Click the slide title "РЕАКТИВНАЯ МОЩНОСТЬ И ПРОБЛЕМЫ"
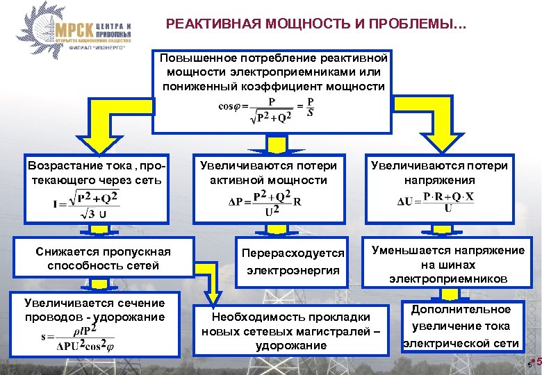click(317, 25)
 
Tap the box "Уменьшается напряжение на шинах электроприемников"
click(448, 265)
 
